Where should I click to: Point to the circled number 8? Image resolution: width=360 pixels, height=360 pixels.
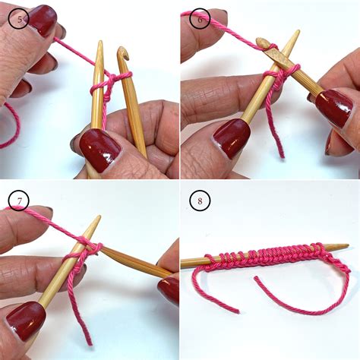[x=201, y=201]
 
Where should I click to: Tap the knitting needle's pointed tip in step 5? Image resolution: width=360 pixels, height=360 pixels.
[x=99, y=45]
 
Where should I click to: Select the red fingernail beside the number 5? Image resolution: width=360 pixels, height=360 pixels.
[x=42, y=20]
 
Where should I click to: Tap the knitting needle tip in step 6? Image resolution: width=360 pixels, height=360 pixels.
[x=295, y=34]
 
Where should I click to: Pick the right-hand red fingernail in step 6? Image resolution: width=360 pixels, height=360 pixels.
[x=333, y=107]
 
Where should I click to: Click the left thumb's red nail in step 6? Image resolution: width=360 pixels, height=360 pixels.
[x=232, y=137]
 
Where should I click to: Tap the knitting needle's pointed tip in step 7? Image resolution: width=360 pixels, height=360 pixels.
[x=97, y=219]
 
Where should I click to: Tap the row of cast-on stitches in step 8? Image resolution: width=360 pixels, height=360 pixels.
[x=266, y=254]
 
